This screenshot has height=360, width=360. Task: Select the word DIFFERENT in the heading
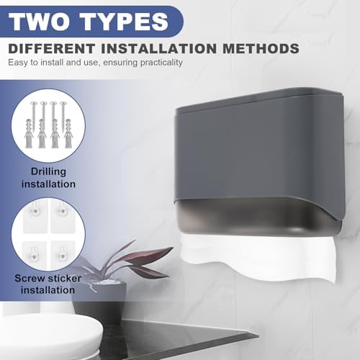52,48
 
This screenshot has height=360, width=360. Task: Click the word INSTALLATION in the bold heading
158,48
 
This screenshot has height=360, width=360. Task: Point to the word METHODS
261,48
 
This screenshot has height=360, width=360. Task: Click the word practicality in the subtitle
161,63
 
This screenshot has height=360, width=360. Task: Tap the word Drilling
48,172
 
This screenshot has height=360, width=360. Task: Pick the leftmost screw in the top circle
33,113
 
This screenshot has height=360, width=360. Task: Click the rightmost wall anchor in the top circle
68,133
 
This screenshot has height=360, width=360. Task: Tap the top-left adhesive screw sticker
35,216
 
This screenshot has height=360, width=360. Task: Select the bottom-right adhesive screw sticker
63,254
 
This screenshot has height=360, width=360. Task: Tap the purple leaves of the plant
135,259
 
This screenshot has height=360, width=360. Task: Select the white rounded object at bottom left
48,336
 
